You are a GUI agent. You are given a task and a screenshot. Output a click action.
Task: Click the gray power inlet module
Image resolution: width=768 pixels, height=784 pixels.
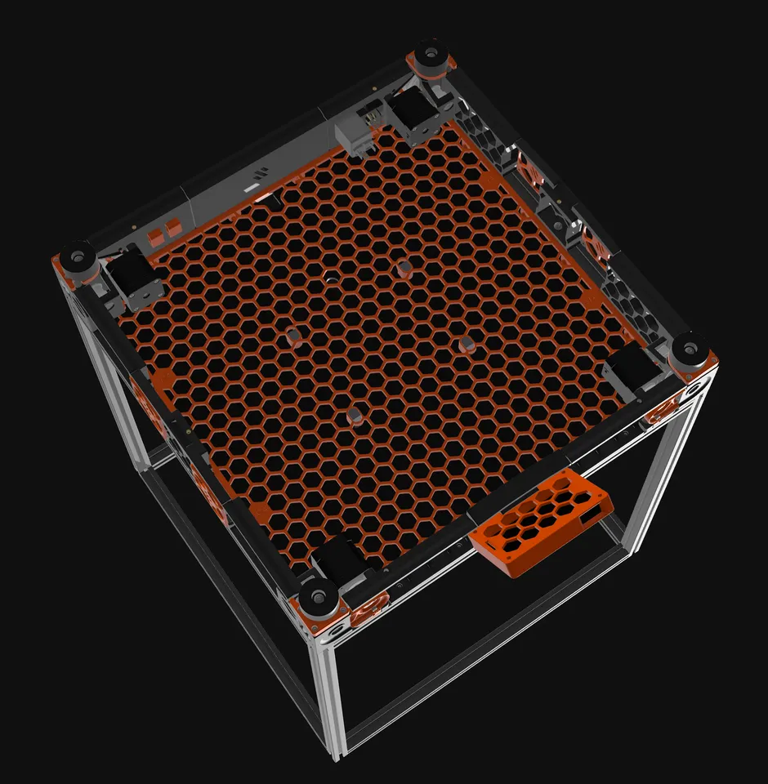(353, 132)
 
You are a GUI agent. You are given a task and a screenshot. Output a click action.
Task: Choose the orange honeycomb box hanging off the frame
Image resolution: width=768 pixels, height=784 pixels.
(543, 523)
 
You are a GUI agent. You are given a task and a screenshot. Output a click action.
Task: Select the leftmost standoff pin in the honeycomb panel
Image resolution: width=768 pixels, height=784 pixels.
(295, 336)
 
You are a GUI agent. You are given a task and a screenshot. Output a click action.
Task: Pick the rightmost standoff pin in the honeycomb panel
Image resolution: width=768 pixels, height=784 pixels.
(466, 343)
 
